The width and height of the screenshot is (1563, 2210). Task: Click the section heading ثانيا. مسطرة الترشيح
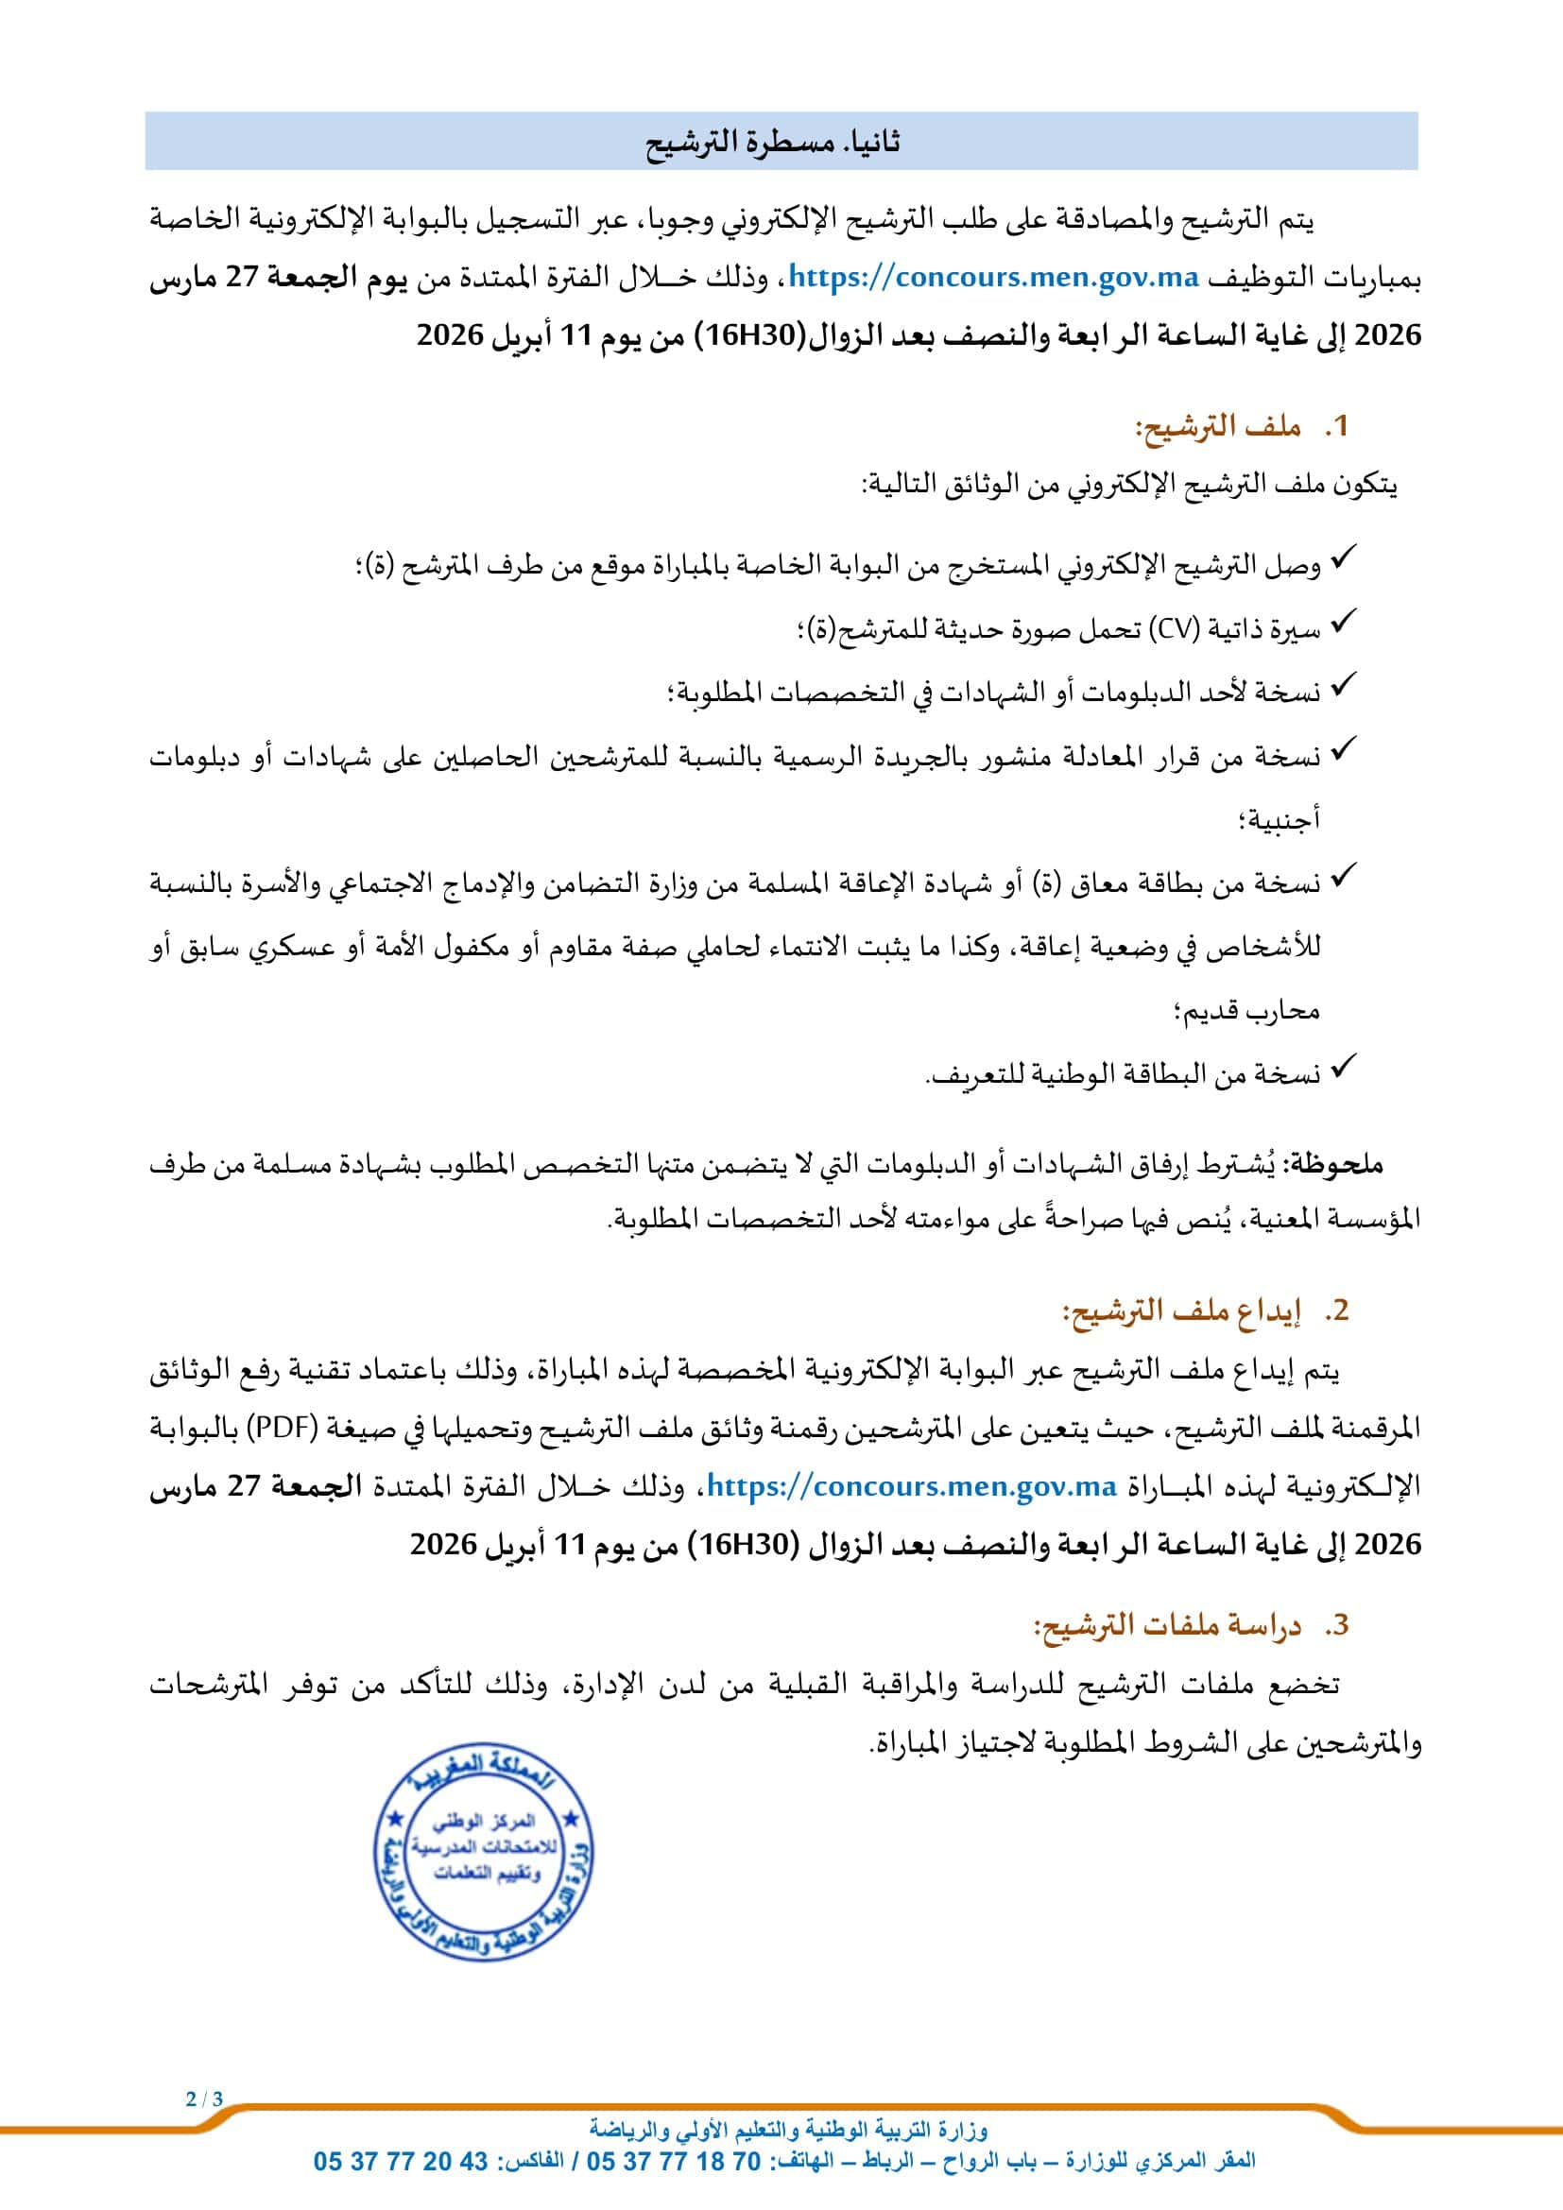(x=773, y=143)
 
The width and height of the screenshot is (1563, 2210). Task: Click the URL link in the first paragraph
(x=994, y=278)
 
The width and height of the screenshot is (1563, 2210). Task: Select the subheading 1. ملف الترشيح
(x=1242, y=426)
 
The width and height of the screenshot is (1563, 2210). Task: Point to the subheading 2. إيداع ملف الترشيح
(x=1205, y=1311)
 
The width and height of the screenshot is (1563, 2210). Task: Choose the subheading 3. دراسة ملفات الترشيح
(x=1191, y=1626)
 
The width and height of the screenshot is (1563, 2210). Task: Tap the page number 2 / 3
(x=204, y=2099)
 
